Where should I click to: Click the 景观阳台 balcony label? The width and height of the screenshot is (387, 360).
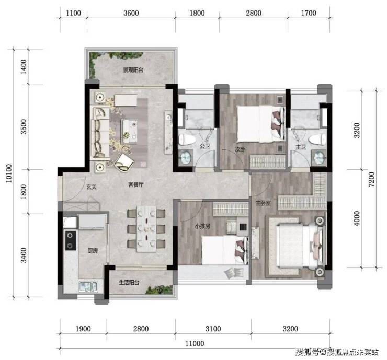133,70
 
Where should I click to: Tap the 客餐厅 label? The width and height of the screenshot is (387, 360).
136,184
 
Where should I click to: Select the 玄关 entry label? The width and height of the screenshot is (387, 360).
92,187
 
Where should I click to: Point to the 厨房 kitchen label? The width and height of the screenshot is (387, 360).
93,251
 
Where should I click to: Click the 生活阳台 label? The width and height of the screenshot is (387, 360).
129,282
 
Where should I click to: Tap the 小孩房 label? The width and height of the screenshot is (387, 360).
202,226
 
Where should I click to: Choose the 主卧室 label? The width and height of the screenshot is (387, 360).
263,203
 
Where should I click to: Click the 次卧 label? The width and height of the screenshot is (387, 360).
240,149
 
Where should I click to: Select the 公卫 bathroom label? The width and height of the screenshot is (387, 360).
205,146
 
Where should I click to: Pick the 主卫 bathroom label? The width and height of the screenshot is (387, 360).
301,147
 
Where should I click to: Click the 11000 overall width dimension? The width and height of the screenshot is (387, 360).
195,343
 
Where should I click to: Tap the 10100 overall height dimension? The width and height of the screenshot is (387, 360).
9,173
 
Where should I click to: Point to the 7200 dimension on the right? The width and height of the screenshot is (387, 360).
371,179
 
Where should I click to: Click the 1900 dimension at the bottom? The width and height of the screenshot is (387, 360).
83,329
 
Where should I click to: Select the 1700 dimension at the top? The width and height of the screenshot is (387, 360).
309,13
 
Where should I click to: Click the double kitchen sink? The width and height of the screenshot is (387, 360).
88,287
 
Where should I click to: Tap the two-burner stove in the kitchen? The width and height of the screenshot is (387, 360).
71,240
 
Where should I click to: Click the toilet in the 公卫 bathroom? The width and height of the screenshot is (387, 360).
186,140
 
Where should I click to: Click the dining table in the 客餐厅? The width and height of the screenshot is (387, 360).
146,229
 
